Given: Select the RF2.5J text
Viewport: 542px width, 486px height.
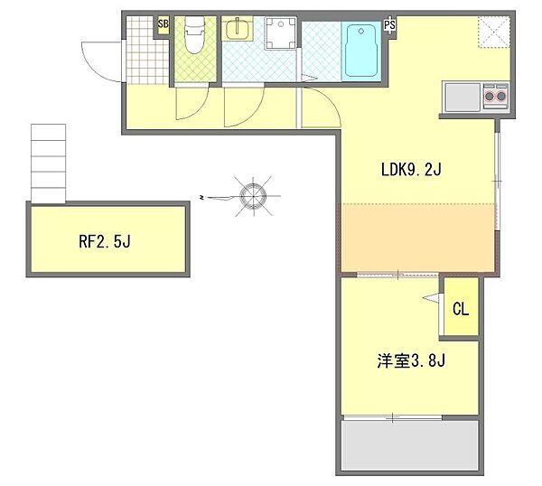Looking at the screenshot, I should tap(106, 241).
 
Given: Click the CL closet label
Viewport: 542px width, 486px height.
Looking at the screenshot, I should tap(460, 309).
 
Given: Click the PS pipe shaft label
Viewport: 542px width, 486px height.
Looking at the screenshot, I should tap(390, 25).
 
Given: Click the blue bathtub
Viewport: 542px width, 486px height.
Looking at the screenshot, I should tap(362, 51).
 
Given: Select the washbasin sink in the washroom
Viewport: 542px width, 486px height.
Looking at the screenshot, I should tap(238, 31).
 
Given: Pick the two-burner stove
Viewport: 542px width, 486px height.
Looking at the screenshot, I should tap(495, 93).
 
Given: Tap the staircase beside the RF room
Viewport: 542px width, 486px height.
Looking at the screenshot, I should tap(50, 163).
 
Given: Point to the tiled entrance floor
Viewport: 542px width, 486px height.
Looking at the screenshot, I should tap(144, 51).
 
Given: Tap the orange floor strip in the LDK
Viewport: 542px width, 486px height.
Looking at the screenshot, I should tap(417, 237).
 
